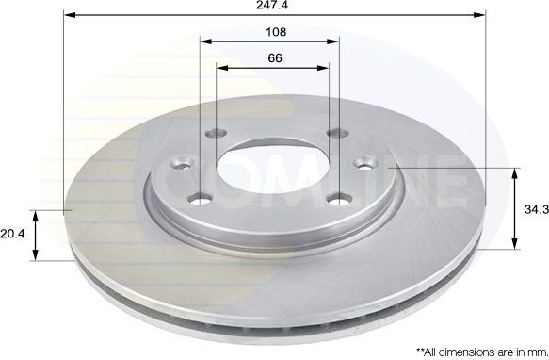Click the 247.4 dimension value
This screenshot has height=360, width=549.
click(x=275, y=6)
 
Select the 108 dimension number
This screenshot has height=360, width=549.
click(x=275, y=31)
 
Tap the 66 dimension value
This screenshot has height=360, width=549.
click(x=274, y=57)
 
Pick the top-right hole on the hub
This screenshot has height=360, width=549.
click(x=332, y=134)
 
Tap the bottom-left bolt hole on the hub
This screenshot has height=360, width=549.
click(x=198, y=199)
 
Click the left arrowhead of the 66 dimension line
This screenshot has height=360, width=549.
click(x=221, y=69)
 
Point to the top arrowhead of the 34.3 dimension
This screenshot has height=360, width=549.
click(x=514, y=172)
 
